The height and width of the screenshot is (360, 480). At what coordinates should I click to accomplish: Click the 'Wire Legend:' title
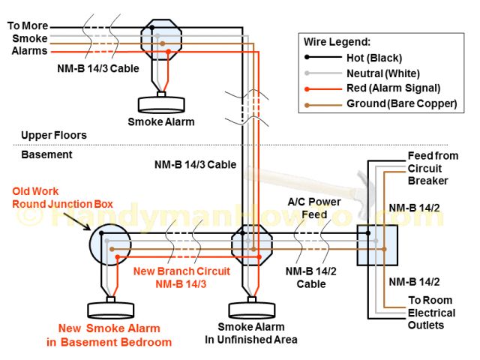click(337, 42)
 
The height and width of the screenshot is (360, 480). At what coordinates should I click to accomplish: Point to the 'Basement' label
click(41, 154)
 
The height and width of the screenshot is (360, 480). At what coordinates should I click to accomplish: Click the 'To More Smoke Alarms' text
click(28, 38)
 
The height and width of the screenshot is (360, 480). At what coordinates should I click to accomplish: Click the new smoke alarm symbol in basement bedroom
click(110, 310)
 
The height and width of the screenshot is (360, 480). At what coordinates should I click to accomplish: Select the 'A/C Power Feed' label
click(314, 208)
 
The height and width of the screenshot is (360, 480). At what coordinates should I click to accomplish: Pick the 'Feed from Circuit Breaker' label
click(427, 168)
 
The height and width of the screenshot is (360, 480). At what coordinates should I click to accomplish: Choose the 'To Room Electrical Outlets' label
click(430, 312)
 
